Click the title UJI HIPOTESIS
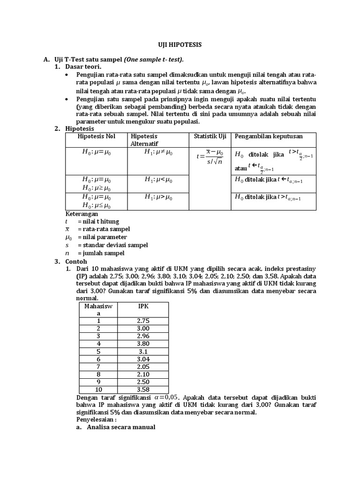click(x=180, y=45)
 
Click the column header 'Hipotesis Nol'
click(x=96, y=136)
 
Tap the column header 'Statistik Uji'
click(x=210, y=136)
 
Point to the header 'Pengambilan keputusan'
click(x=269, y=136)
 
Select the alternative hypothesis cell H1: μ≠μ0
click(x=158, y=152)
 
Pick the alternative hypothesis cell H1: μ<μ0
click(x=158, y=180)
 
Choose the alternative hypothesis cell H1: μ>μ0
click(x=158, y=197)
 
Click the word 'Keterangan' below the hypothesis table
click(x=82, y=213)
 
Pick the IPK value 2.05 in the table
click(x=143, y=366)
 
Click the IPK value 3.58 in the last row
click(x=143, y=390)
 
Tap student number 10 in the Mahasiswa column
click(x=98, y=390)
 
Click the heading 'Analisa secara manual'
click(x=121, y=428)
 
